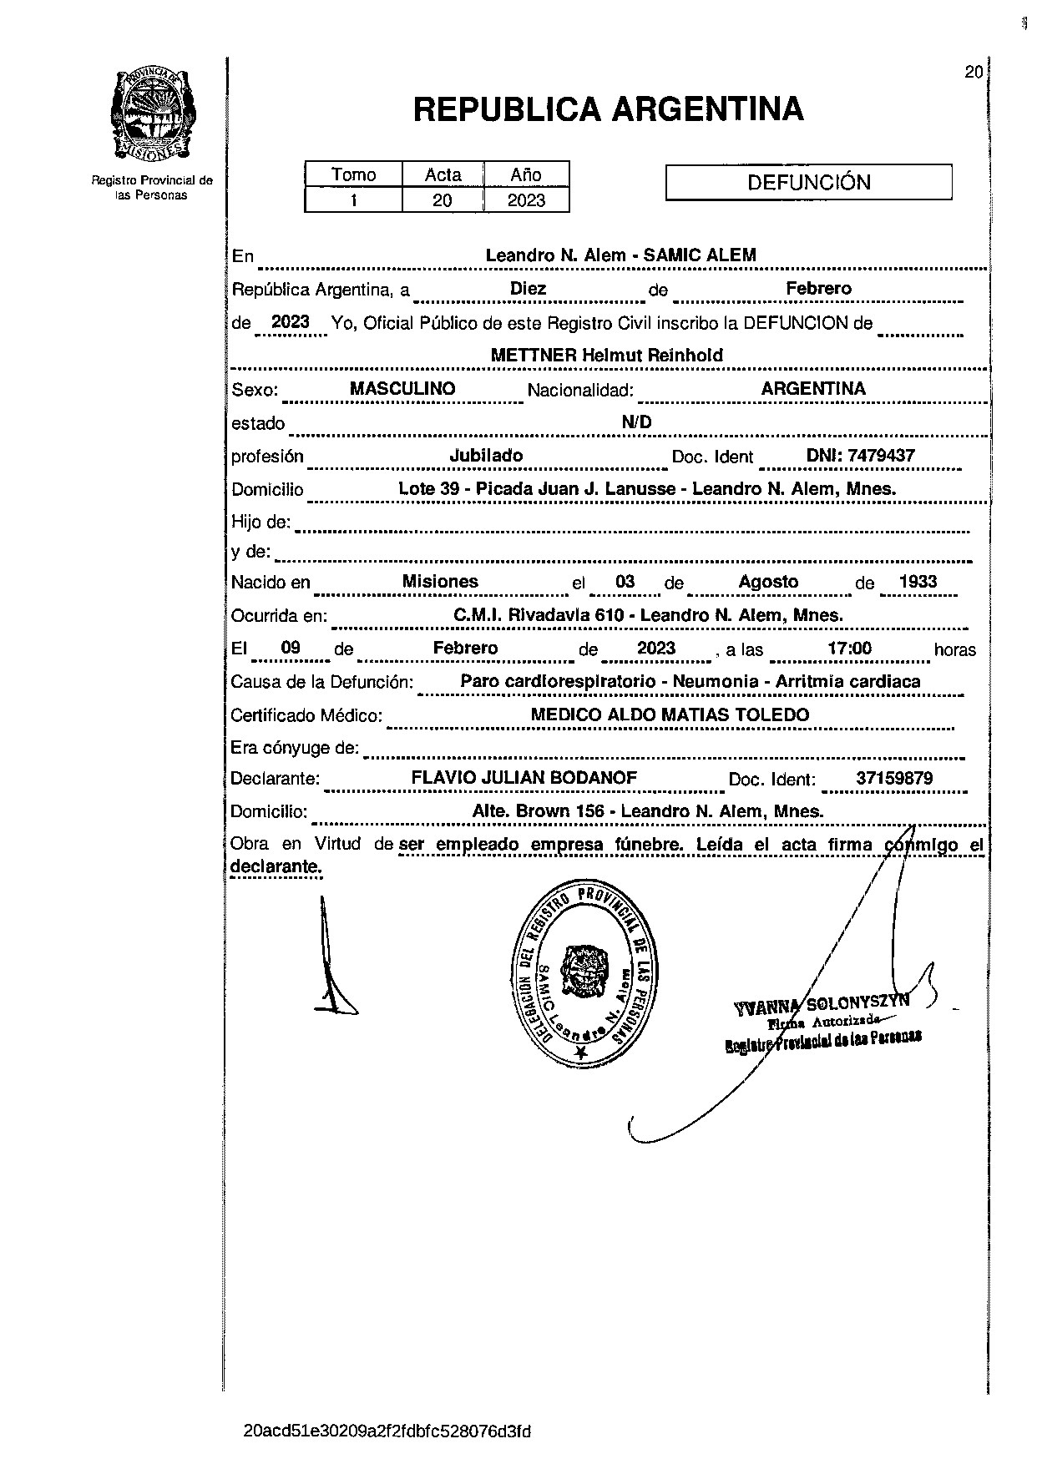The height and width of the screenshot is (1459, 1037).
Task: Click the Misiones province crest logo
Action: (x=151, y=114)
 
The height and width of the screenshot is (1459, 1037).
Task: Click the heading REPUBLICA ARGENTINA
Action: (x=608, y=109)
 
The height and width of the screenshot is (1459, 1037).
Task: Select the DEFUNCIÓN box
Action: (x=808, y=183)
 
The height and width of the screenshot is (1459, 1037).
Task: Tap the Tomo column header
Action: (x=353, y=174)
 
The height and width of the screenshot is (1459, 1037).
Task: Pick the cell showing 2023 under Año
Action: (x=526, y=200)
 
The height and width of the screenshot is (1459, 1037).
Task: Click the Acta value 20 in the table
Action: (x=443, y=200)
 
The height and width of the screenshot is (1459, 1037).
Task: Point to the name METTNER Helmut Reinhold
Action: (x=606, y=355)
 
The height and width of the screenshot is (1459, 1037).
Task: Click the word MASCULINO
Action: (x=402, y=388)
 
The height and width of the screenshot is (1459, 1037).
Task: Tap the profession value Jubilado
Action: (x=486, y=456)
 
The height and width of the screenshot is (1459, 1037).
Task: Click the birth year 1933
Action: (x=918, y=582)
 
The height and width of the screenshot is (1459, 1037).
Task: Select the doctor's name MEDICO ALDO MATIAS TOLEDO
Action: (x=670, y=714)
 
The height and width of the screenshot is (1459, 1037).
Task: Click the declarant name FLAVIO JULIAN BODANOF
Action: (x=524, y=778)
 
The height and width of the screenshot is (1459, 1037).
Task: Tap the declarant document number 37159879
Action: (x=894, y=779)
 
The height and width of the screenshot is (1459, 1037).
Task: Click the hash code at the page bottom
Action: (x=387, y=1431)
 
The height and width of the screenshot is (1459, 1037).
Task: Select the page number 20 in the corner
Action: (x=973, y=73)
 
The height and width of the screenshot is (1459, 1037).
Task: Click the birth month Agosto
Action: (x=768, y=582)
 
